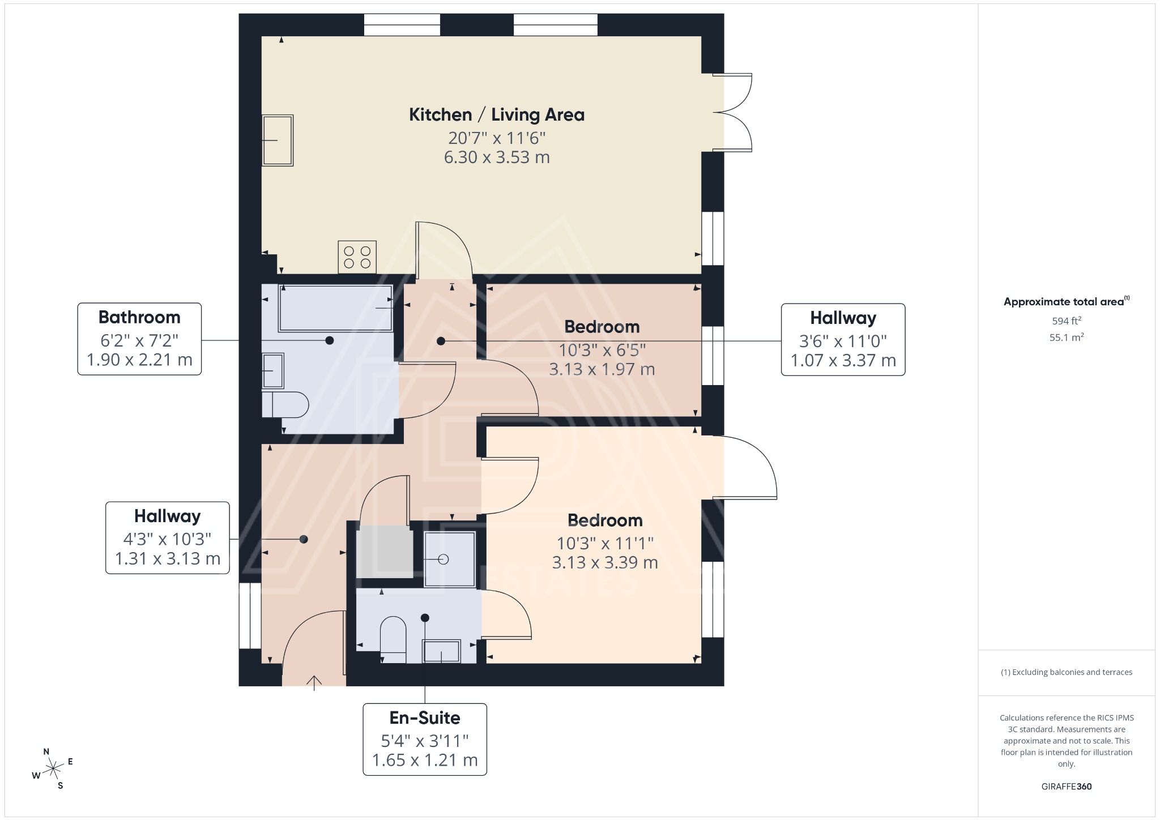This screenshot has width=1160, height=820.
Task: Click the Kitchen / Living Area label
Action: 496,115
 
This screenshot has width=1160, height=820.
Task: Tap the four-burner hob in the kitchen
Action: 357,257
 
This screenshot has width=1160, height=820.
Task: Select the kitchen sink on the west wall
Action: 278,140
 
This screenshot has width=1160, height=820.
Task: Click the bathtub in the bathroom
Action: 335,308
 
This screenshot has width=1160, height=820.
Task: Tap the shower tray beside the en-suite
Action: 450,559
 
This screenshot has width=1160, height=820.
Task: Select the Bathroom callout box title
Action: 139,317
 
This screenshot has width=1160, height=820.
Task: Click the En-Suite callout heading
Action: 425,718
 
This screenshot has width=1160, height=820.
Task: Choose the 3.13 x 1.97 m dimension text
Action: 602,369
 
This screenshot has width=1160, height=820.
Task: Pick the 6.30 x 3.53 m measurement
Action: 496,157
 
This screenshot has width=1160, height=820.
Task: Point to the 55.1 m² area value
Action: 1067,338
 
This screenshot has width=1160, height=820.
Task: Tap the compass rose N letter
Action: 46,751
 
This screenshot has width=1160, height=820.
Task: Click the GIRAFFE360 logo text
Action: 1067,787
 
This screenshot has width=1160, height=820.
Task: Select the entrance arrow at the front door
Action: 314,682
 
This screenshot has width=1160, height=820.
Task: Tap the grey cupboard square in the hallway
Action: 385,552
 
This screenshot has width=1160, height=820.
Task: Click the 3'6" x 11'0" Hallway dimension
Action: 843,341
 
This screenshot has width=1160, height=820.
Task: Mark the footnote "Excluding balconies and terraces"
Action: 1067,672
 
